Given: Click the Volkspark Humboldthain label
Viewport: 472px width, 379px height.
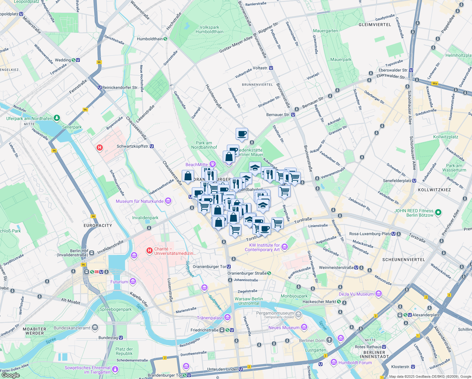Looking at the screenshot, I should coord(209,29).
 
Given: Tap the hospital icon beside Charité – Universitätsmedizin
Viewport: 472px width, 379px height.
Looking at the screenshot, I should coord(150,251).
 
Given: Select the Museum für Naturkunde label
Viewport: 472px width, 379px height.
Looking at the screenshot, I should coord(139,201).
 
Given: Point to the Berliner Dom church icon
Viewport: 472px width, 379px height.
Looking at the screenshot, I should coord(329,340).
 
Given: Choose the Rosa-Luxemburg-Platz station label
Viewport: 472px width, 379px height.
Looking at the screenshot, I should coord(370,234).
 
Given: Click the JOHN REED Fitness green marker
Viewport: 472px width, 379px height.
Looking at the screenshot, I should coord(438,213).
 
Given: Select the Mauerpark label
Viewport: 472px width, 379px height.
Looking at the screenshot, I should coord(341,59).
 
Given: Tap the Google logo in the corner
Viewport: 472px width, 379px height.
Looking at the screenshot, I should coord(10,375).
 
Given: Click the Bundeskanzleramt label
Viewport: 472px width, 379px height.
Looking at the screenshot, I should coord(72,328).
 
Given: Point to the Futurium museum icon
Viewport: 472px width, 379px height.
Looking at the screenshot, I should coord(133,281).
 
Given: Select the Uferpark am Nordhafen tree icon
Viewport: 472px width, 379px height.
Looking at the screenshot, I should coord(57,118).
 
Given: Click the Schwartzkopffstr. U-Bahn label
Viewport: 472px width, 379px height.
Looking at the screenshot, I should coord(133,146).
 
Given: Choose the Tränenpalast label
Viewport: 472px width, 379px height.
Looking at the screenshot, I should coord(210,318).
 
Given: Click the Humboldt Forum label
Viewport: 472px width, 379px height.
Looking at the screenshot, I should coord(355,363).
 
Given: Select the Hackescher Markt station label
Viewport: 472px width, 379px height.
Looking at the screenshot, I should coord(319,302).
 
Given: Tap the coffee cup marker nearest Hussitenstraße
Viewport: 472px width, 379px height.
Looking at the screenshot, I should coord(242,134).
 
